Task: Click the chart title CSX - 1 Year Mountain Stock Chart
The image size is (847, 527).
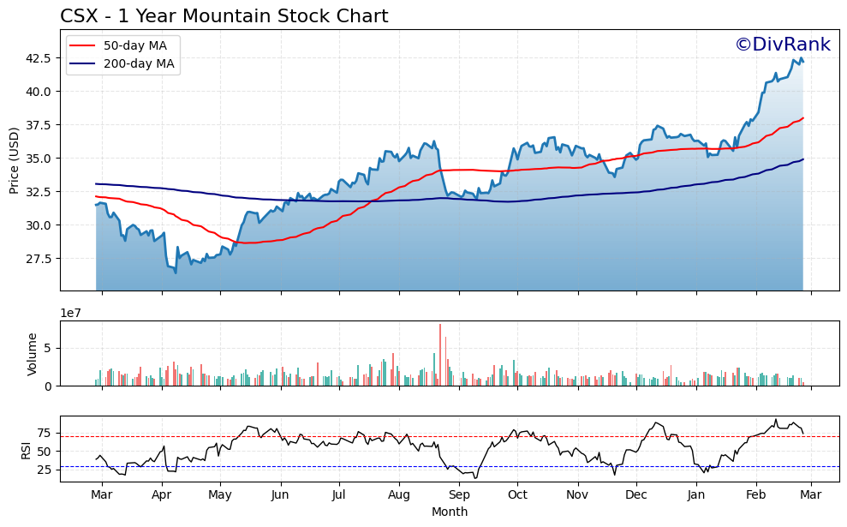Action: (224, 16)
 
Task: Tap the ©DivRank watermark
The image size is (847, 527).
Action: (782, 45)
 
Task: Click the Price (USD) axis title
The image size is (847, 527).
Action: (15, 160)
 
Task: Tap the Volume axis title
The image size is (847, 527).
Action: (33, 354)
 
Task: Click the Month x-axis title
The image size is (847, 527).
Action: (449, 512)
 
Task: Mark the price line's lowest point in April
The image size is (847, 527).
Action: (176, 272)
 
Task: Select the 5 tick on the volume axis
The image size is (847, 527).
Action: (50, 348)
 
